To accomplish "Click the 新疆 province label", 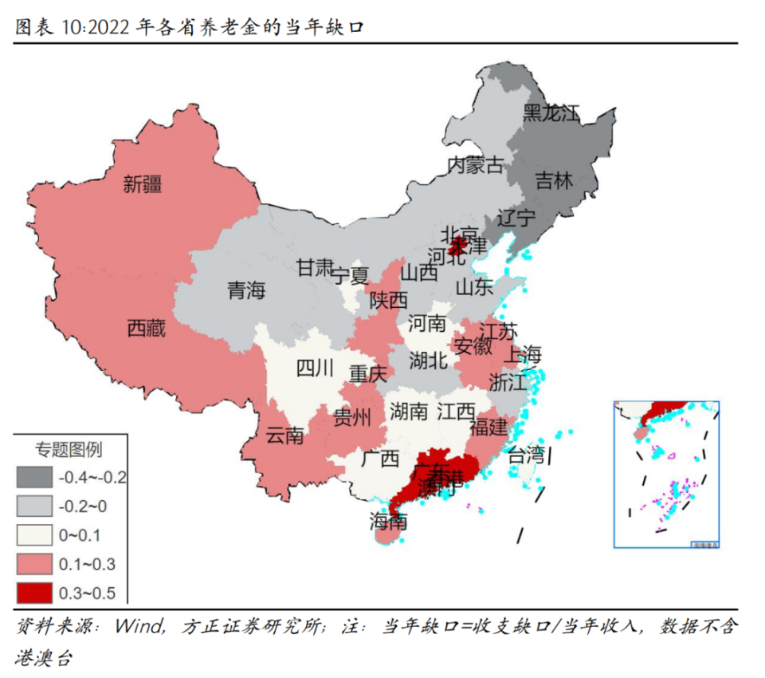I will (x=143, y=185).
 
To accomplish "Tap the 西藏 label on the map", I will (x=147, y=328).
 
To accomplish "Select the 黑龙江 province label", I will (x=551, y=113).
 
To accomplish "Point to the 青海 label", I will (x=245, y=291).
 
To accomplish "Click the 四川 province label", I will (x=316, y=368).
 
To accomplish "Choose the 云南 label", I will (x=284, y=436).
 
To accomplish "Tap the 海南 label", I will (x=388, y=522).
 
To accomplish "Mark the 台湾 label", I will (x=527, y=456).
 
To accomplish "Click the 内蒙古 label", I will (x=475, y=165).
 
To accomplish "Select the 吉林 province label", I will (x=553, y=180).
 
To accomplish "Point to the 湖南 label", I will (x=410, y=412).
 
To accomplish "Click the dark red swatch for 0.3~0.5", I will (x=34, y=593).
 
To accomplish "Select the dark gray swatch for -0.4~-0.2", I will (x=34, y=478).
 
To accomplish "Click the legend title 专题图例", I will (x=69, y=450).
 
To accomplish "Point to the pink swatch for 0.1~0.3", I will (x=34, y=564).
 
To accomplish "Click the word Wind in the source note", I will (x=139, y=626).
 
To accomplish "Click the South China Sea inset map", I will (x=666, y=474).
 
